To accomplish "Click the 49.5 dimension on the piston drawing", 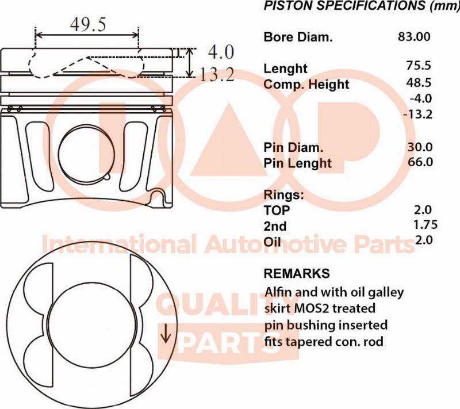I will tap(88, 24).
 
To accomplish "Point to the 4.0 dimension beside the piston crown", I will tap(220, 52).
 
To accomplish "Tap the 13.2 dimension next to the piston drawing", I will tap(217, 74).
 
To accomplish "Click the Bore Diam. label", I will tap(298, 37).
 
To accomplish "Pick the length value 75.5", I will tap(418, 66).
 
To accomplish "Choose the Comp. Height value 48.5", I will tap(418, 82).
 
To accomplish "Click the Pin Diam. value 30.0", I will tap(419, 147).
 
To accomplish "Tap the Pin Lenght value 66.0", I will tap(419, 162).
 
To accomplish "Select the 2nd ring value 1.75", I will tap(425, 224).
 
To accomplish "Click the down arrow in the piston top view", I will tap(166, 334).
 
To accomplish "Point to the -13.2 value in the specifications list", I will tap(418, 114).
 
